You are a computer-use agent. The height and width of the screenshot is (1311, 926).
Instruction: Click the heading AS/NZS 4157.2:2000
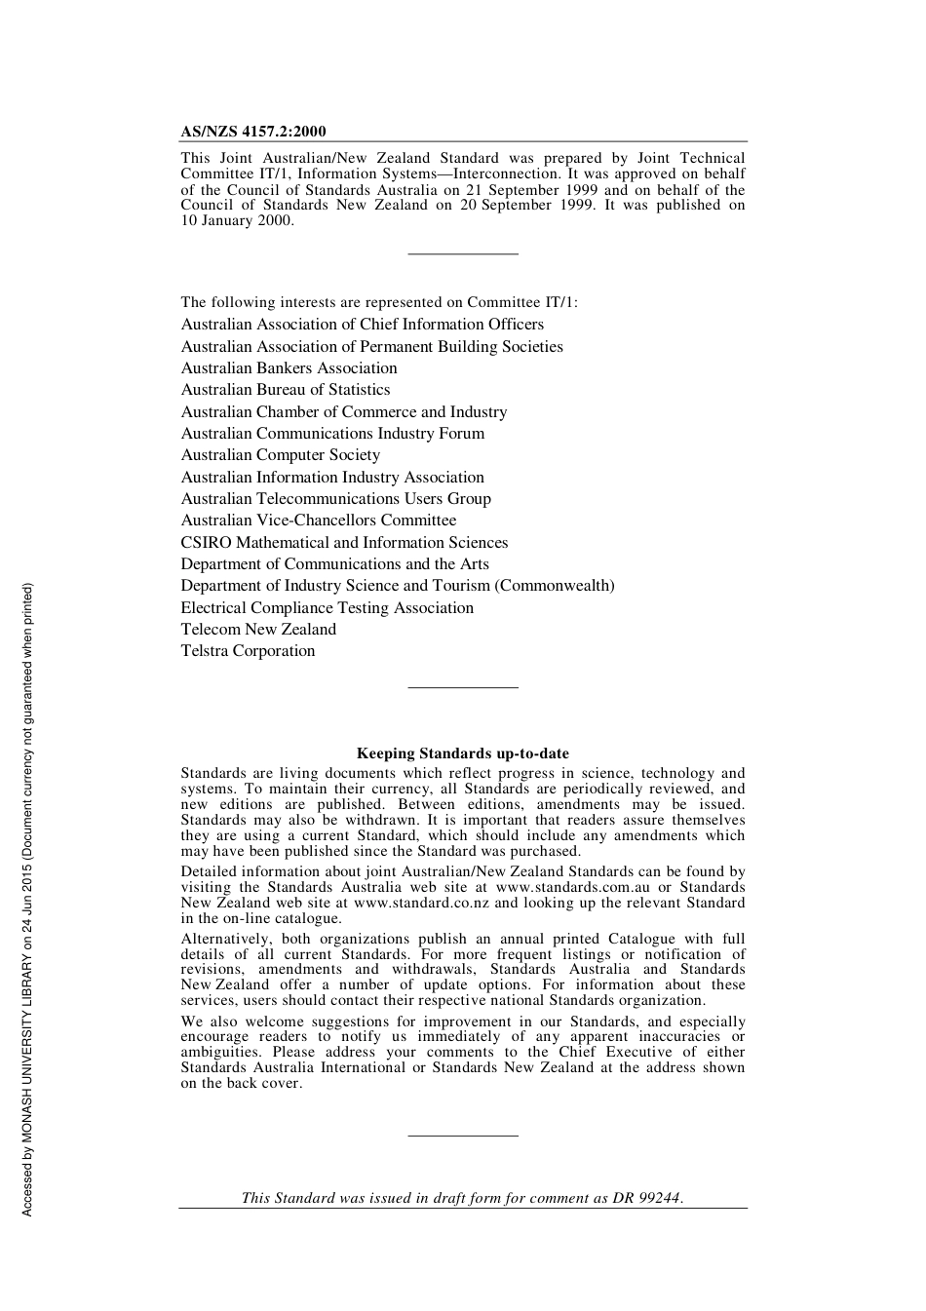[253, 132]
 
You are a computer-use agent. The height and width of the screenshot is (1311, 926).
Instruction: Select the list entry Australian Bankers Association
[289, 368]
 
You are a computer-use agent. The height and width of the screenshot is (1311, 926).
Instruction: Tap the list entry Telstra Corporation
[248, 651]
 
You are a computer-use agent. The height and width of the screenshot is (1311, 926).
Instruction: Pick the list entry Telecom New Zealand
[258, 630]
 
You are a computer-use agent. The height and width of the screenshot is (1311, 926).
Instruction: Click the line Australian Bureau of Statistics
[285, 390]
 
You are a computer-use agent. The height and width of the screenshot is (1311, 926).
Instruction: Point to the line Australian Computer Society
[280, 455]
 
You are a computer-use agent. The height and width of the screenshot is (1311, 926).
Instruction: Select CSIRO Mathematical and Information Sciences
[344, 543]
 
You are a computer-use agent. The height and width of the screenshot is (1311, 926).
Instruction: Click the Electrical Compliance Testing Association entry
[327, 608]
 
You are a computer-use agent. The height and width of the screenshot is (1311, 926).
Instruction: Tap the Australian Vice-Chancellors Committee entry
[318, 521]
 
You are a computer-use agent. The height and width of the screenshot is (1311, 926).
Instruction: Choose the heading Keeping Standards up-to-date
[462, 753]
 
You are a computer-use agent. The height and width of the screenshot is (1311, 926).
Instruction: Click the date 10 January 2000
[237, 221]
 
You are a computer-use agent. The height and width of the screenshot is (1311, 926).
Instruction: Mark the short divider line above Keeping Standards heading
[462, 688]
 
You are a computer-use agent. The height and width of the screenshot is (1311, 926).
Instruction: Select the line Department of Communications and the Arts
[334, 564]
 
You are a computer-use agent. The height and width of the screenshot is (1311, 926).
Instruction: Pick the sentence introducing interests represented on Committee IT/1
[378, 303]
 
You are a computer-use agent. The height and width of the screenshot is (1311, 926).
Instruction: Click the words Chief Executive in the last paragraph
[613, 1053]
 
